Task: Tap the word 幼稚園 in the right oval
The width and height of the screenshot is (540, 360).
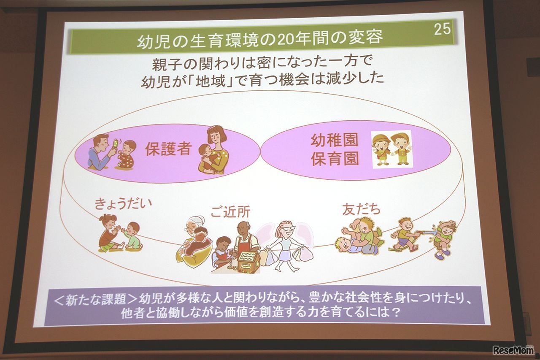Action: click(335, 141)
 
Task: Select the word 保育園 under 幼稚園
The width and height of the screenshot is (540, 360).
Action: click(335, 160)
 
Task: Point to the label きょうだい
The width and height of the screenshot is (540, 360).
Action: click(123, 204)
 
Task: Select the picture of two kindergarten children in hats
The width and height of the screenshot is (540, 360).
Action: click(391, 149)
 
